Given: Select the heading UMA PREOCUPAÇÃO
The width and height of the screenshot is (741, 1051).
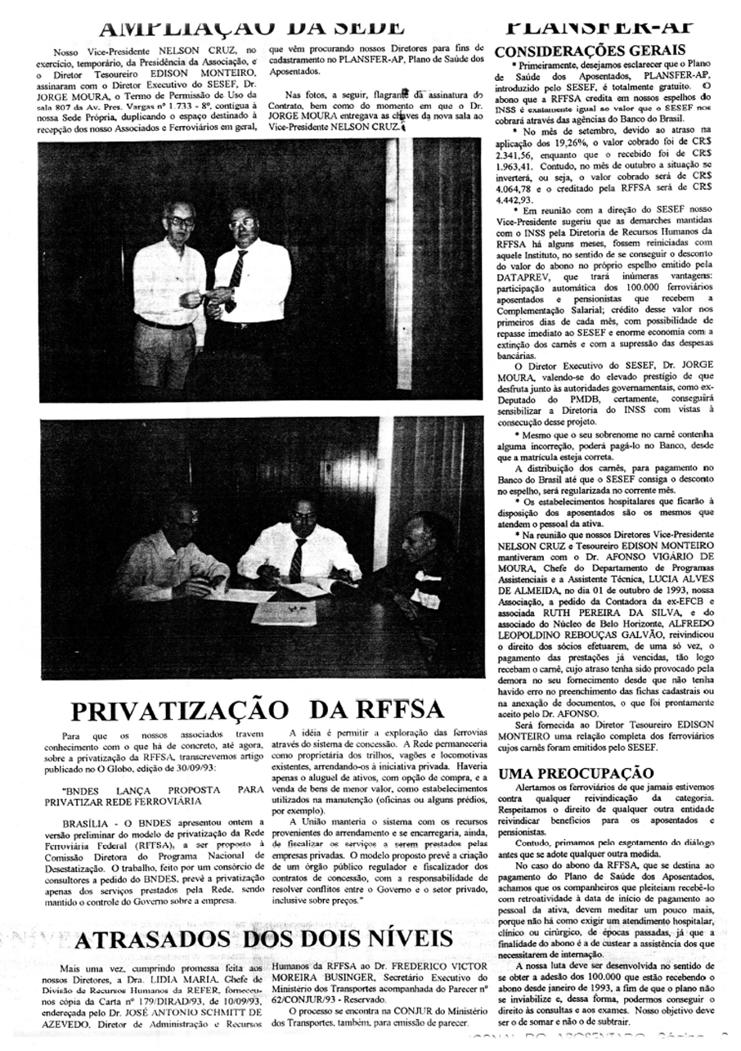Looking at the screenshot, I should pos(576,773).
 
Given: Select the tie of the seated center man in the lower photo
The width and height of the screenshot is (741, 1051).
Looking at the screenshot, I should pos(296,559).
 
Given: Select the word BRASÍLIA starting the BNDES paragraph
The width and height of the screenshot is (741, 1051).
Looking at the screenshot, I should pos(88,821).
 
